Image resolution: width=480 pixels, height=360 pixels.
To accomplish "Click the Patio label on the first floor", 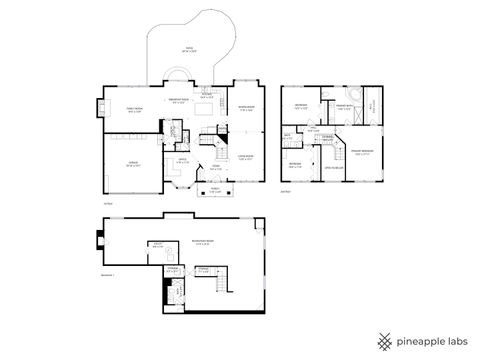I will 188,48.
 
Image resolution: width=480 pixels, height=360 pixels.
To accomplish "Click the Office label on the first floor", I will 182,161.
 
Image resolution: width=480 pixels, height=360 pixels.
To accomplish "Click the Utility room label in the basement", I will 158,244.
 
